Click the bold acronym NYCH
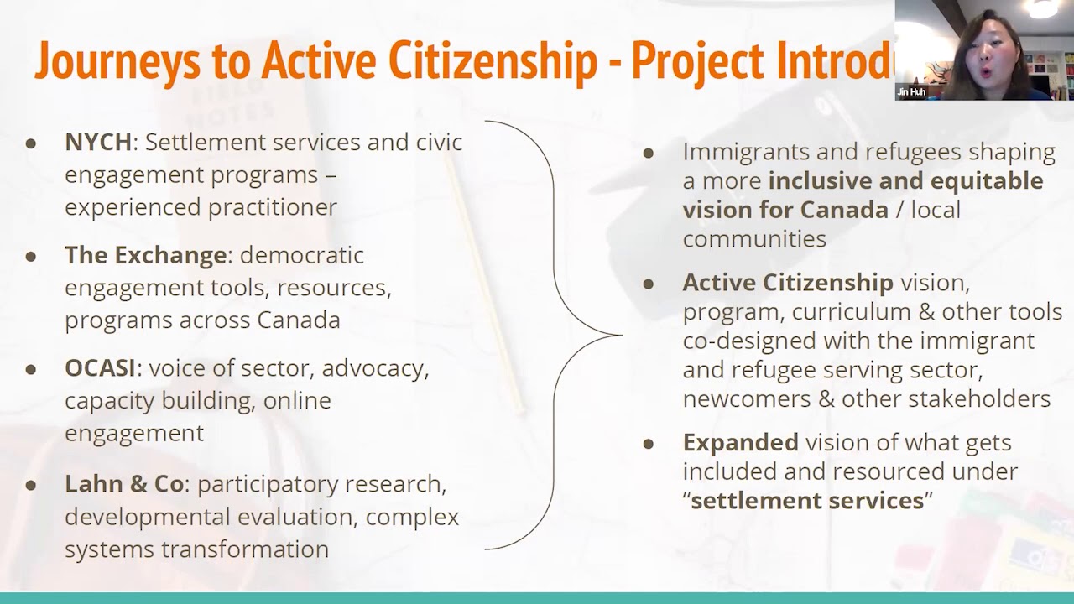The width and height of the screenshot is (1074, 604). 98,143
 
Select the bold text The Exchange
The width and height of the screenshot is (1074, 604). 145,255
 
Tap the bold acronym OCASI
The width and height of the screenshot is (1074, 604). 101,368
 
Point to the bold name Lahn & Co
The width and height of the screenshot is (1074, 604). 124,484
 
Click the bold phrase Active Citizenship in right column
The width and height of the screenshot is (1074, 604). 788,283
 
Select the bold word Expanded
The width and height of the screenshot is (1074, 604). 740,442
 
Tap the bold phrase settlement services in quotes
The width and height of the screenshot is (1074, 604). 807,501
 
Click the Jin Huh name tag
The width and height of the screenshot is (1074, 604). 911,92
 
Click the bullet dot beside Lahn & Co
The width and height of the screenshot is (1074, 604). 31,485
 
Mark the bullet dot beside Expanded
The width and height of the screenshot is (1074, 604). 648,443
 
